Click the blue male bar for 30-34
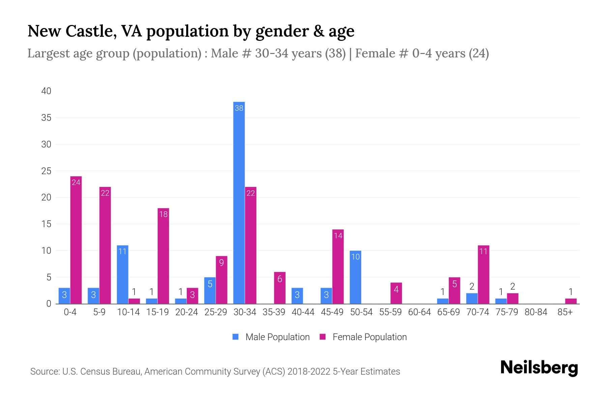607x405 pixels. pos(239,202)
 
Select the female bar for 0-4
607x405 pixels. pos(76,240)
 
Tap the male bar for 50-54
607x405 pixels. pos(355,277)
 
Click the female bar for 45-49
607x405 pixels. pos(338,267)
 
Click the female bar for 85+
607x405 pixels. pos(571,301)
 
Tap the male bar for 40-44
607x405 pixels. pos(297,296)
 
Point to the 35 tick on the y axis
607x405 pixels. pos(46,118)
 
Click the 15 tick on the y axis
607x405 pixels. pos(46,224)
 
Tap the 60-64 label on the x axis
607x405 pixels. pos(419,312)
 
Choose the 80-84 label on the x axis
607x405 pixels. pos(536,312)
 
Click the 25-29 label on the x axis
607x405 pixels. pos(215,312)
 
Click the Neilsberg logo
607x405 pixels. pos(539,368)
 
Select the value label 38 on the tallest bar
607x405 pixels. pos(239,108)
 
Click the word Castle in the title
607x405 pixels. pos(90,31)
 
